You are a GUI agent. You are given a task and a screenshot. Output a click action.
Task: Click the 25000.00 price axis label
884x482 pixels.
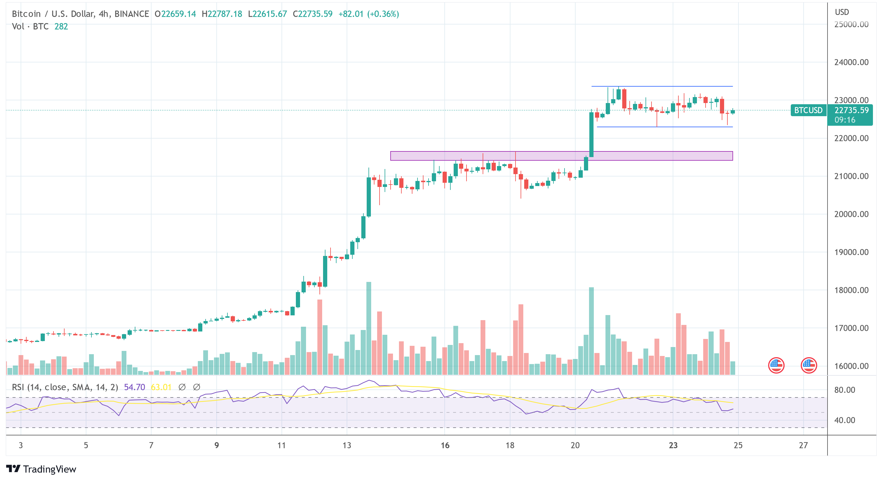851,24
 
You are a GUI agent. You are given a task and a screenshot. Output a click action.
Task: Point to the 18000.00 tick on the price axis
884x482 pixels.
851,290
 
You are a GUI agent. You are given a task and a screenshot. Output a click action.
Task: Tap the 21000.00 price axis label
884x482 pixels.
851,176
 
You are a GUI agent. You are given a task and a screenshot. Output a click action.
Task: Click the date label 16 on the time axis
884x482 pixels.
445,445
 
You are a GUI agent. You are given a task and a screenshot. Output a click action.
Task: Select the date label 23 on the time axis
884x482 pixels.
673,445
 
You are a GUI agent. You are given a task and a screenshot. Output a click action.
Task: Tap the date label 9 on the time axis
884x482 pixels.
217,445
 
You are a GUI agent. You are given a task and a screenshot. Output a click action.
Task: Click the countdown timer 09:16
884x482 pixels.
845,120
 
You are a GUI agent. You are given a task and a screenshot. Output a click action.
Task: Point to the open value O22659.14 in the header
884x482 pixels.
175,14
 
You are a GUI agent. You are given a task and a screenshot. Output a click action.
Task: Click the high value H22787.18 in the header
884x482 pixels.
222,14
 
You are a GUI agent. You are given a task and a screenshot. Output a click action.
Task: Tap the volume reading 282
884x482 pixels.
61,27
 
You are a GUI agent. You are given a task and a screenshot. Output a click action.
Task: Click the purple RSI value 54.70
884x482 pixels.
134,387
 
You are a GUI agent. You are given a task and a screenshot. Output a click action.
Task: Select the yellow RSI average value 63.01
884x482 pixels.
161,387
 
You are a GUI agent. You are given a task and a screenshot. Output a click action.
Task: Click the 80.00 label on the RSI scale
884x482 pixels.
845,390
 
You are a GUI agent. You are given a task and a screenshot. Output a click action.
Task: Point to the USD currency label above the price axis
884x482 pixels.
842,12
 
